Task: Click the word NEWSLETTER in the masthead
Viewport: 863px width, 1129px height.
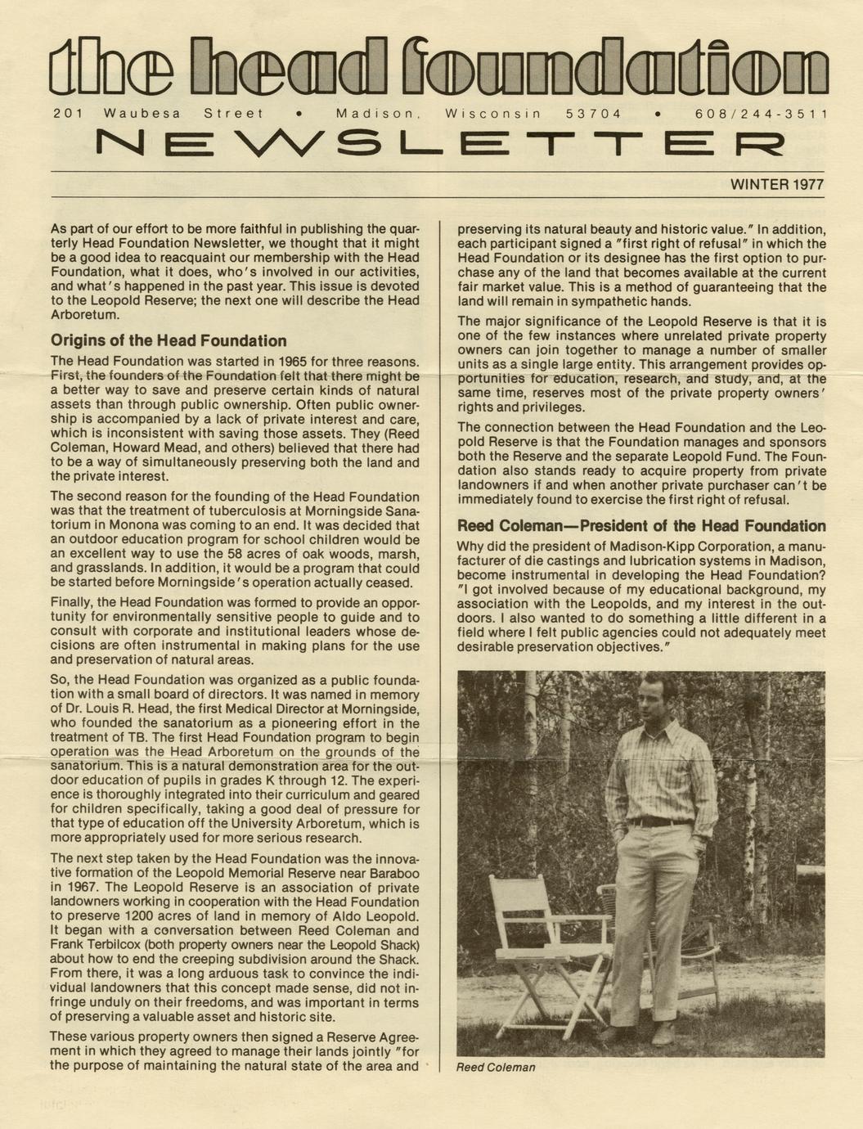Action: [439, 145]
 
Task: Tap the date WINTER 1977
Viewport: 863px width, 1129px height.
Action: [776, 185]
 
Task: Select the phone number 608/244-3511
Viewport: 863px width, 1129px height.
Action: [762, 115]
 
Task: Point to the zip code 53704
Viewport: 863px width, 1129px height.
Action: [593, 115]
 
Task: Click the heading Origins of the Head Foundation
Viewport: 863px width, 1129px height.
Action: [169, 341]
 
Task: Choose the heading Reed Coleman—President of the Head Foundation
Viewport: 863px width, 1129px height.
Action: [641, 526]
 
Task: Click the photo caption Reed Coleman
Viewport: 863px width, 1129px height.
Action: [496, 1068]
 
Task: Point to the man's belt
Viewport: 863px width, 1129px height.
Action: [658, 821]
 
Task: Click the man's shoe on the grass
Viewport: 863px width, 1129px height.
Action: [663, 1035]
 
